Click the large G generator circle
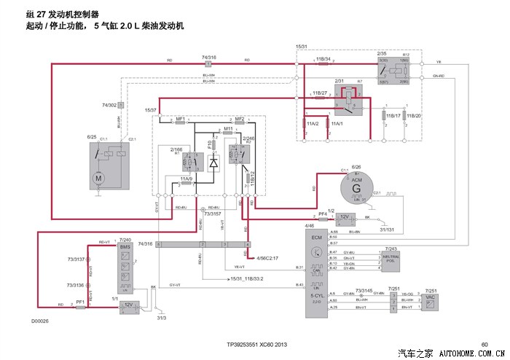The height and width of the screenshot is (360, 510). tap(357, 188)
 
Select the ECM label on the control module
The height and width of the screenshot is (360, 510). tap(315, 238)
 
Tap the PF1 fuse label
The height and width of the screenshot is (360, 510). tap(81, 301)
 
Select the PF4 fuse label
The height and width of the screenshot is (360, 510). tap(323, 213)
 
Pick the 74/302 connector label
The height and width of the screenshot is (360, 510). tap(109, 106)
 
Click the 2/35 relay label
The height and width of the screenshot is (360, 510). tap(382, 53)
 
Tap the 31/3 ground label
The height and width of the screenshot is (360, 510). tap(162, 318)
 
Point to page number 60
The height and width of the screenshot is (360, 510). tap(484, 345)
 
